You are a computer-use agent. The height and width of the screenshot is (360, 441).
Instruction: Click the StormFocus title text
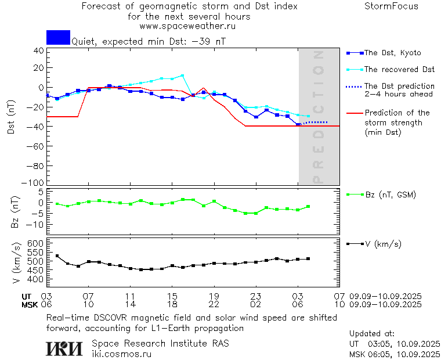click(x=391, y=6)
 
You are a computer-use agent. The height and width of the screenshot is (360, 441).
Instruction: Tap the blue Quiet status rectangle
click(x=58, y=37)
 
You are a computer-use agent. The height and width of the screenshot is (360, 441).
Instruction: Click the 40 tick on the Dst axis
click(x=39, y=50)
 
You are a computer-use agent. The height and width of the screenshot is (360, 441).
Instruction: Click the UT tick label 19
click(x=214, y=296)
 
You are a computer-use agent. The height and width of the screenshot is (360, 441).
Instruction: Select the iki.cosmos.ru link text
click(x=121, y=353)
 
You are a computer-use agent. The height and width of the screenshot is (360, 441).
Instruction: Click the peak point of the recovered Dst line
click(x=182, y=75)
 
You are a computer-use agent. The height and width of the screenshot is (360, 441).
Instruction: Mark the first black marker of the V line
click(x=57, y=256)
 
